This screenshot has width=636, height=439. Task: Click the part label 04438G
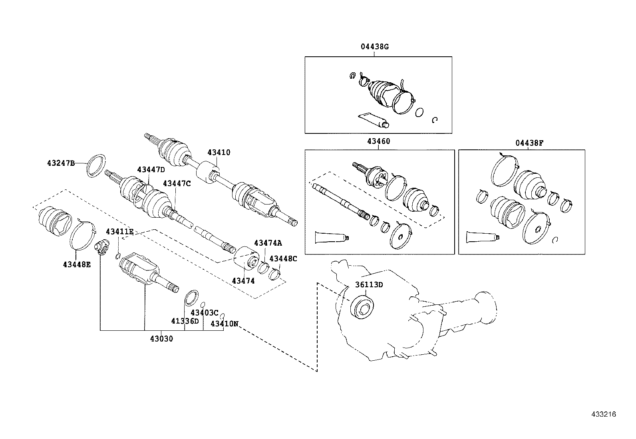[374, 47]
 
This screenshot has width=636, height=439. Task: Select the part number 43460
[378, 141]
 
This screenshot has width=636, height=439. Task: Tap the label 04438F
[529, 143]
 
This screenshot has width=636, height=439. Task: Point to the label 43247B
[61, 163]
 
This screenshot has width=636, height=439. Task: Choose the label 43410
[219, 152]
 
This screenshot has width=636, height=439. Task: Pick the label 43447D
[151, 169]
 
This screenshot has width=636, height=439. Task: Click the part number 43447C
[177, 183]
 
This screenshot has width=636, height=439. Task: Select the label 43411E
[120, 232]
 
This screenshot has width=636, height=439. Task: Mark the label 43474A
[268, 243]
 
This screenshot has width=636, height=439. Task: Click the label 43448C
[283, 258]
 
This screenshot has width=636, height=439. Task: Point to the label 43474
[243, 281]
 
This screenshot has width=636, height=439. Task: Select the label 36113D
[369, 284]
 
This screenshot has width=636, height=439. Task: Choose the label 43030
[161, 339]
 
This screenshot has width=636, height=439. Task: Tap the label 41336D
[185, 321]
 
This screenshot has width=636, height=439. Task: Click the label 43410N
[224, 324]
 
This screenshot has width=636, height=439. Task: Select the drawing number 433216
[604, 414]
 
